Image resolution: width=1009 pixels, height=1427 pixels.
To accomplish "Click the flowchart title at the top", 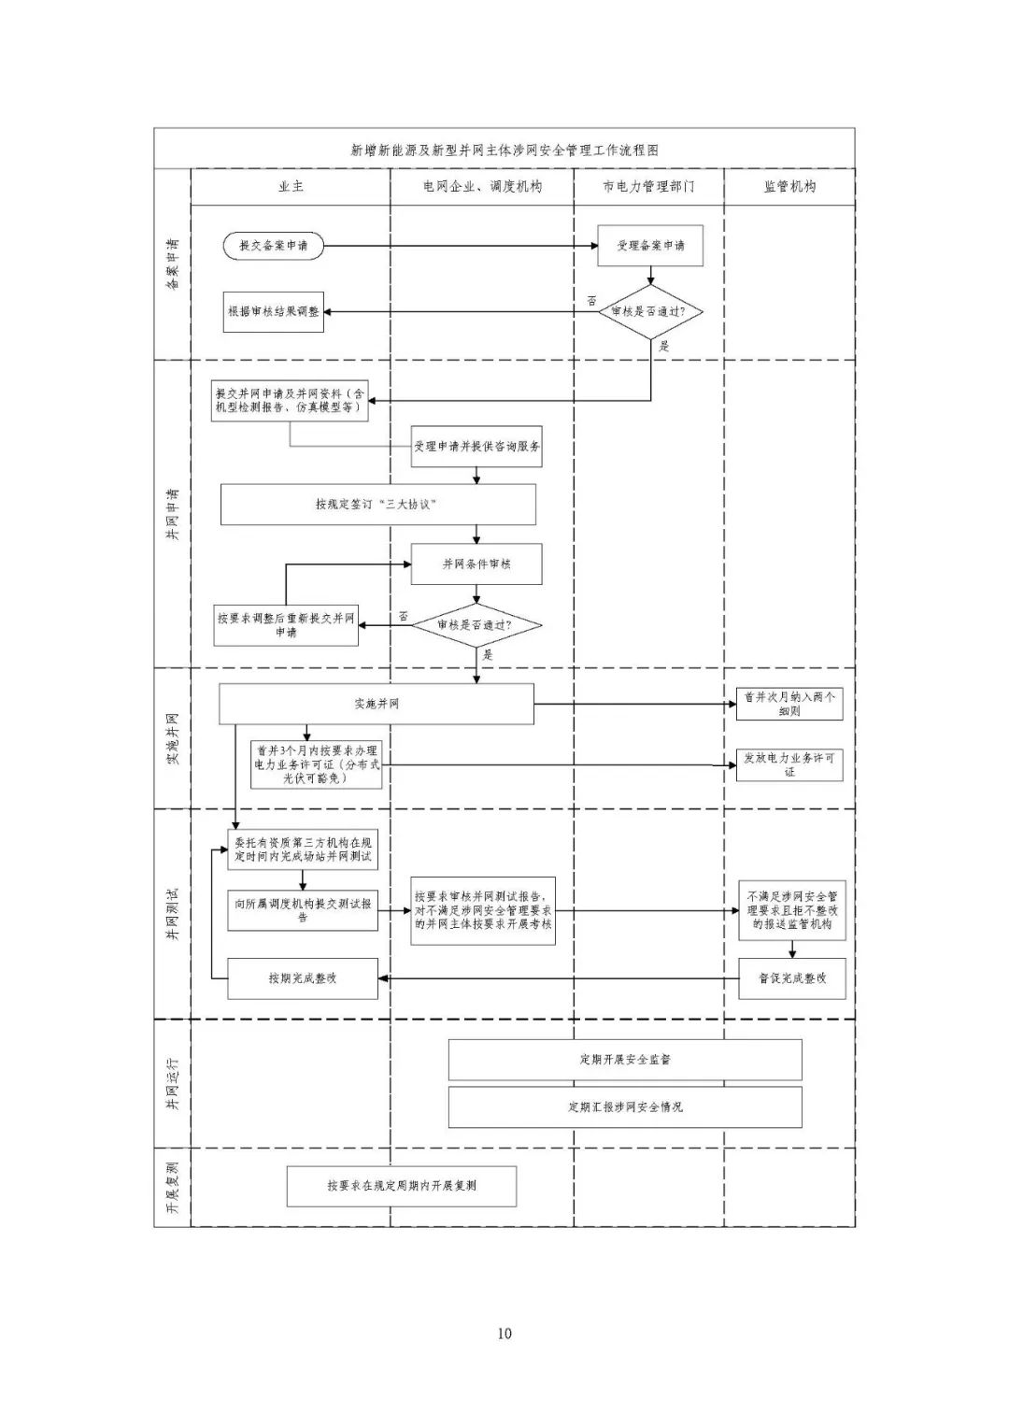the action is (504, 150).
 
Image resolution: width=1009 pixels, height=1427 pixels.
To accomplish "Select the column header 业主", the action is (291, 187).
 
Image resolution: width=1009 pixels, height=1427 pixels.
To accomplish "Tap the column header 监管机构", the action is (789, 187).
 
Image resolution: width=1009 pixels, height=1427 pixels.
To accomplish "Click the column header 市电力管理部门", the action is (648, 187).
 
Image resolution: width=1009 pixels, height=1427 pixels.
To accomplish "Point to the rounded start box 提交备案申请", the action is (273, 246).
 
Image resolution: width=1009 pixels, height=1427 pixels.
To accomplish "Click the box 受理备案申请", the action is (649, 245).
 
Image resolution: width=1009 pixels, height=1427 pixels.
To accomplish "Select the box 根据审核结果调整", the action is (273, 312).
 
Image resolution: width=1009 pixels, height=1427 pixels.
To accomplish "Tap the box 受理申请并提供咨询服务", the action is (476, 447).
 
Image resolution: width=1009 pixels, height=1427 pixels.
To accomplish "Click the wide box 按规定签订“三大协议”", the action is (377, 505).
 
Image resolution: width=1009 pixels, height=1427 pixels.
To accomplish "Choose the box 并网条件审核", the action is (476, 564).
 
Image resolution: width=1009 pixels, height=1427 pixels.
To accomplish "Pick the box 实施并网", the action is (377, 704).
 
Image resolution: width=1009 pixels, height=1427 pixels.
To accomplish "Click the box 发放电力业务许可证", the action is (789, 765).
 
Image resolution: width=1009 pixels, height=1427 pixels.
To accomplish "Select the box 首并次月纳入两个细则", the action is (789, 704).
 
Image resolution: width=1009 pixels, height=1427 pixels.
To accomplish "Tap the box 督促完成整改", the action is (792, 978).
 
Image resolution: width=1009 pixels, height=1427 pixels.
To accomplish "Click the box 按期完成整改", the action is (303, 978).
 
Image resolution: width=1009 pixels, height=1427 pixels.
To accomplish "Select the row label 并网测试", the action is (173, 914).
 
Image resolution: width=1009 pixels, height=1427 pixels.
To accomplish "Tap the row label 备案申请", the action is (173, 264).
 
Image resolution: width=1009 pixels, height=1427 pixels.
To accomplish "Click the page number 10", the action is (504, 1333).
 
